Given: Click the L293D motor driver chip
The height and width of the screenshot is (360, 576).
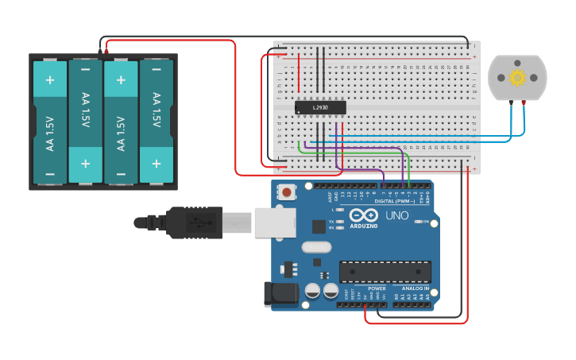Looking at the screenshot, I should click(x=320, y=106).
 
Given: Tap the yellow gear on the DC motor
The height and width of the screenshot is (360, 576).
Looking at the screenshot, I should click(x=517, y=77).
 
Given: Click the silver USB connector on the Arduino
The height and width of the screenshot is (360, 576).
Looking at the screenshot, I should click(x=275, y=223).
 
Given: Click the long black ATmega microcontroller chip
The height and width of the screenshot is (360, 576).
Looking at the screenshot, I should click(x=385, y=272).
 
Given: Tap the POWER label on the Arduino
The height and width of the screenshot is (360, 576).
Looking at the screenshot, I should click(x=377, y=288).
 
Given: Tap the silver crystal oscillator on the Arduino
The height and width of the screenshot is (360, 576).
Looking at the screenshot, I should click(x=315, y=247).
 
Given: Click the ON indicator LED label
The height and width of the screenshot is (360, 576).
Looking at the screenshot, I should click(x=427, y=222).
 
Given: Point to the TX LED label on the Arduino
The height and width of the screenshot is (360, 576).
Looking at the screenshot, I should click(x=331, y=221).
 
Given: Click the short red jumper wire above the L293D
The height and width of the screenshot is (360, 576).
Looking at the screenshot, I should click(x=299, y=73).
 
